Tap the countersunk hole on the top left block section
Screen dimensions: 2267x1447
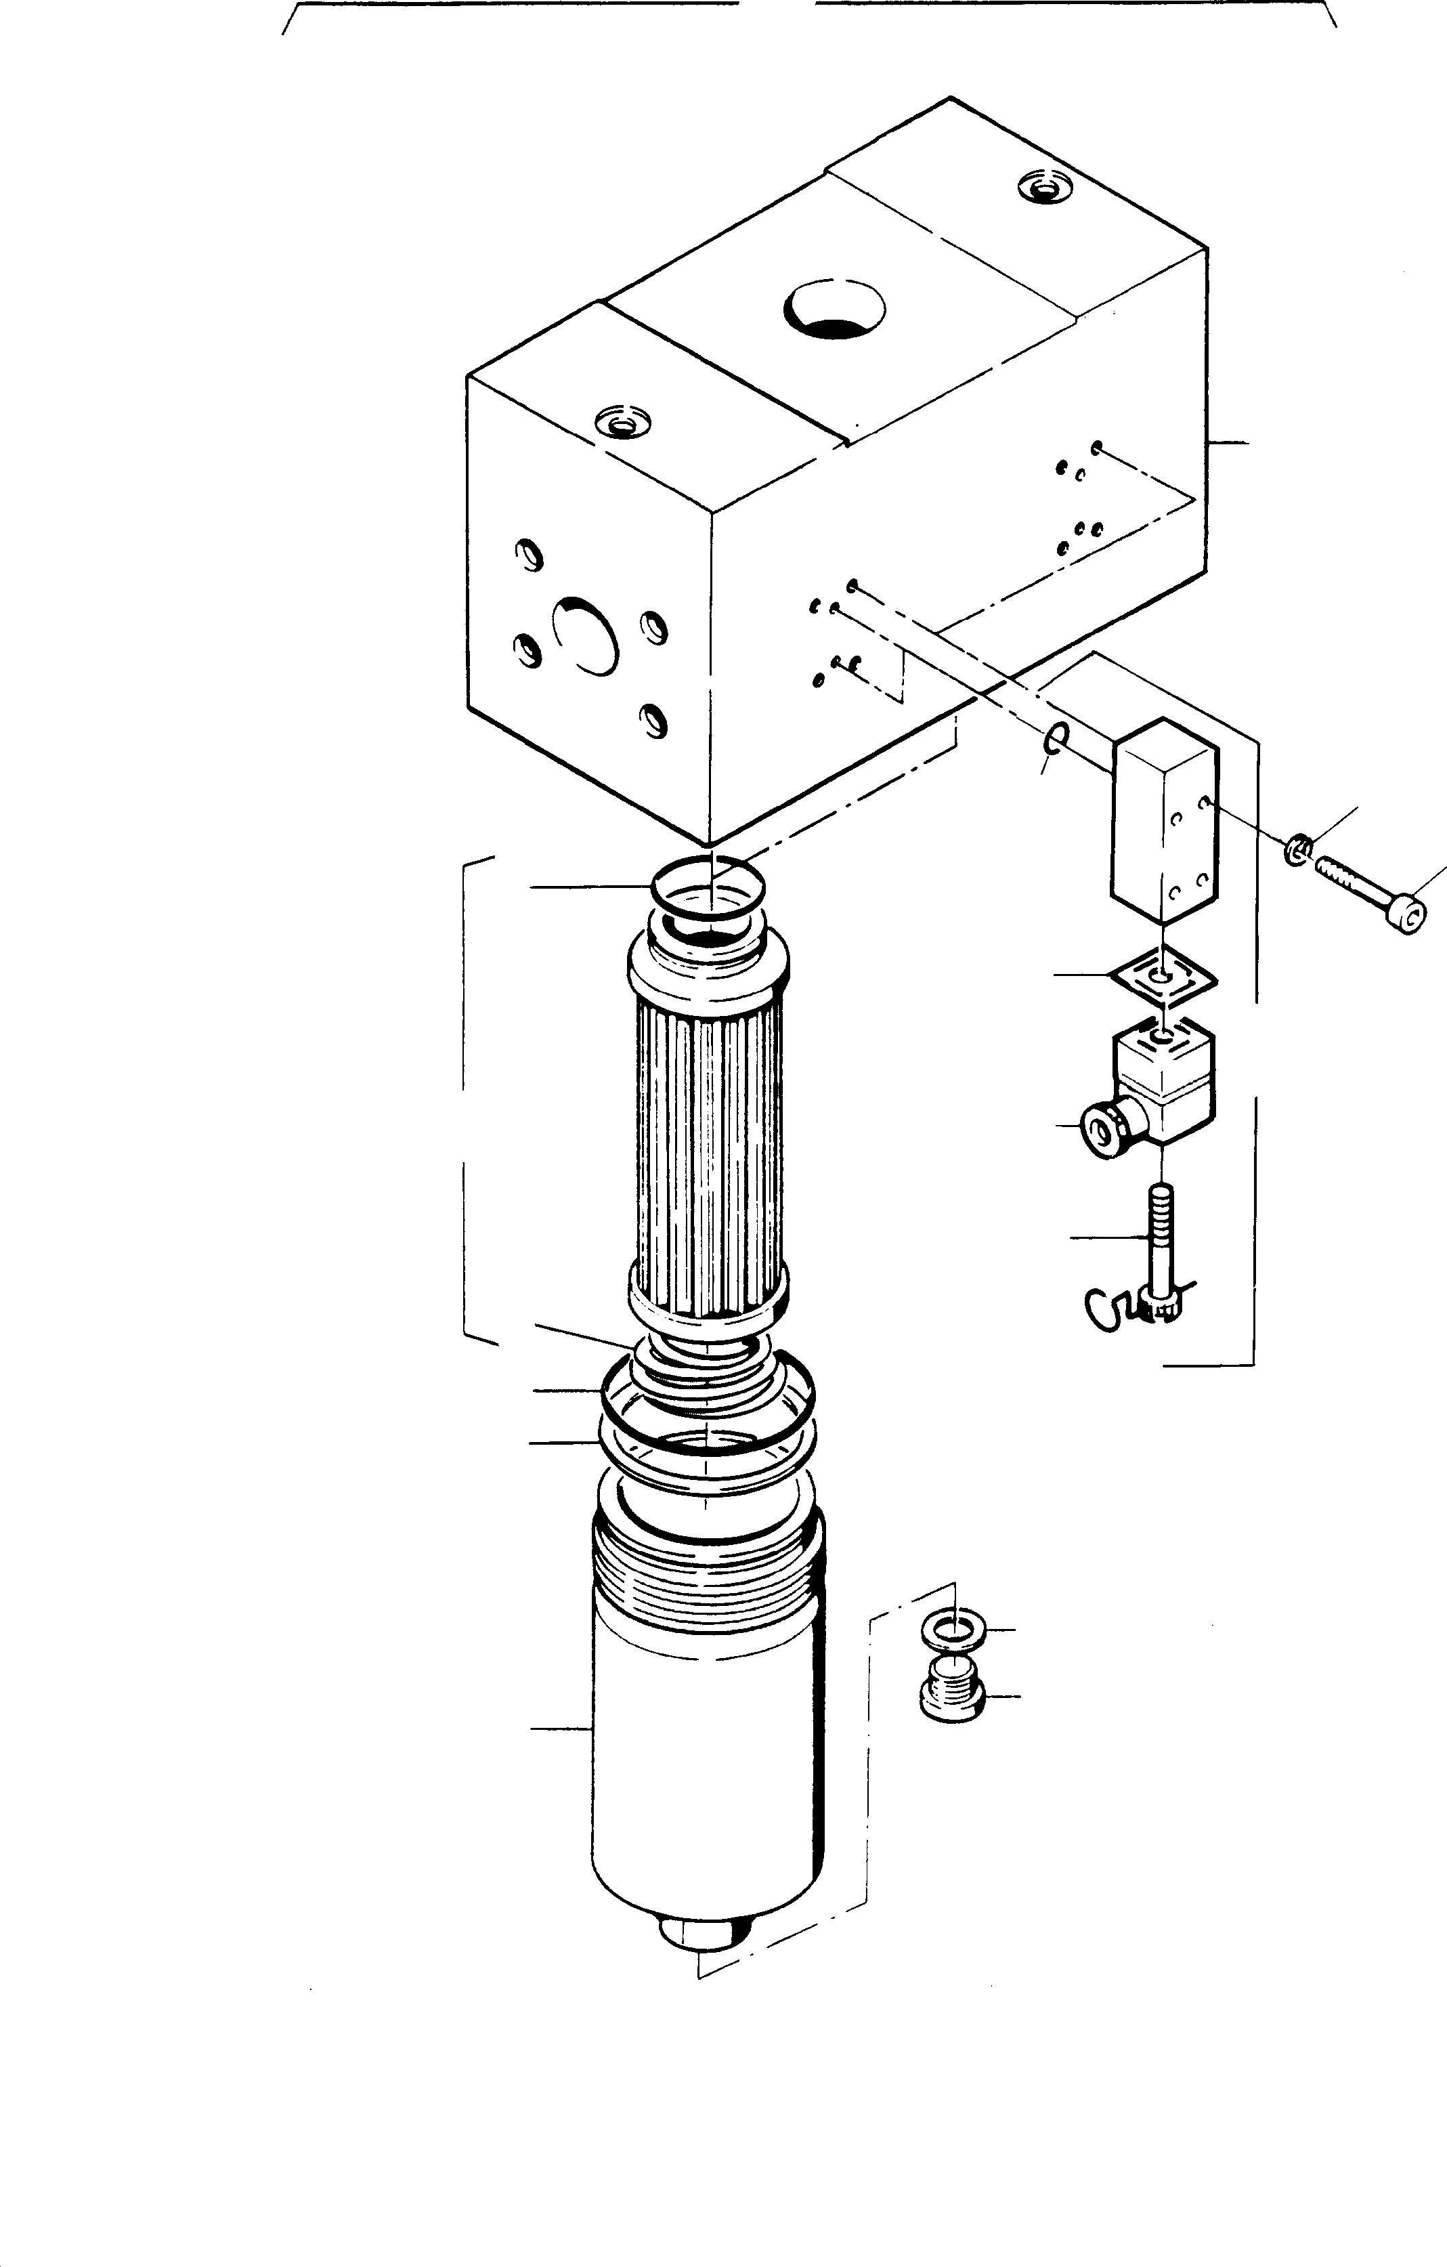(622, 423)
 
